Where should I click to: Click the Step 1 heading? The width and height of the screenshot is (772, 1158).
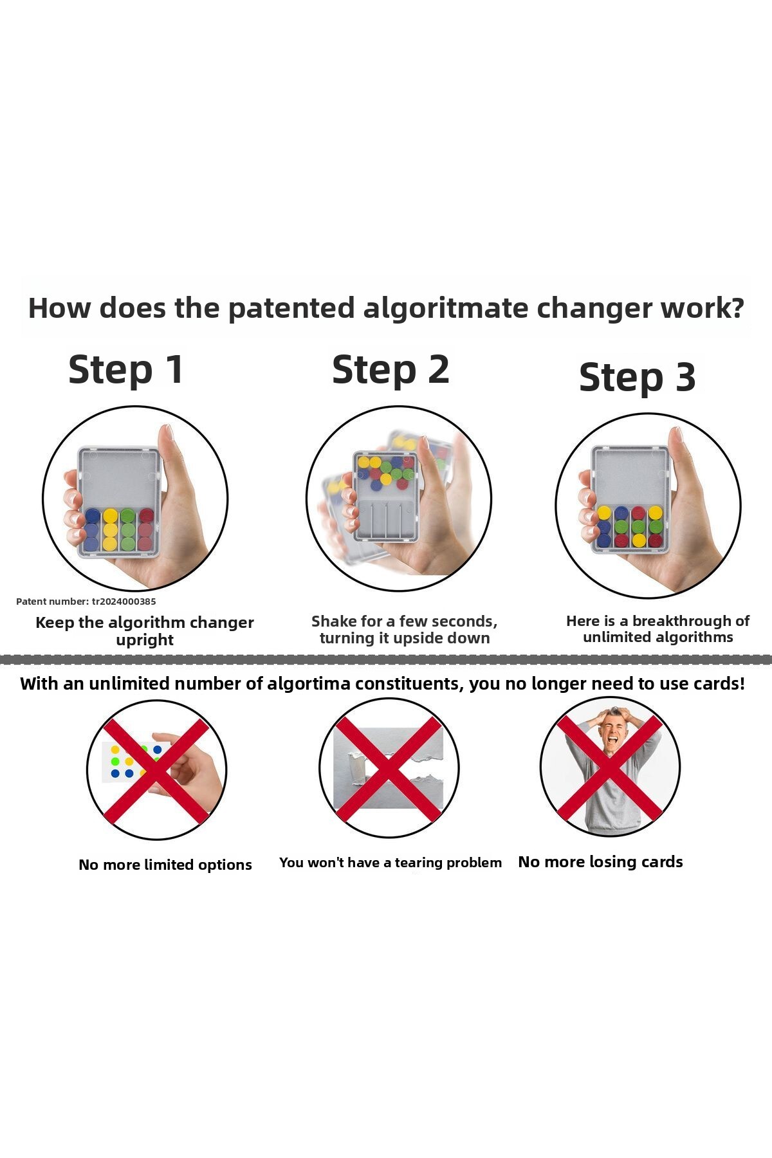[x=126, y=370]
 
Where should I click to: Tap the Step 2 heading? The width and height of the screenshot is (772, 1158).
[x=391, y=370]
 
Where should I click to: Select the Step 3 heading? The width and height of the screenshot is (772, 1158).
[x=638, y=377]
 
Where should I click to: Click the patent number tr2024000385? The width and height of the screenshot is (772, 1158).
[x=124, y=602]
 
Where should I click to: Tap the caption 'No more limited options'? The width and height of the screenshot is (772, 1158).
[x=165, y=865]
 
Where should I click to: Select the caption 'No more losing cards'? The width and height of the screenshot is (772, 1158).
[x=600, y=862]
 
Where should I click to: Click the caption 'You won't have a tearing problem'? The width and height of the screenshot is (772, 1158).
[x=391, y=863]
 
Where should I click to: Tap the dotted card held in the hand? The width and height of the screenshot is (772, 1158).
[x=135, y=762]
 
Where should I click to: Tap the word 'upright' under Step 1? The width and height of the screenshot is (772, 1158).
[x=145, y=640]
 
